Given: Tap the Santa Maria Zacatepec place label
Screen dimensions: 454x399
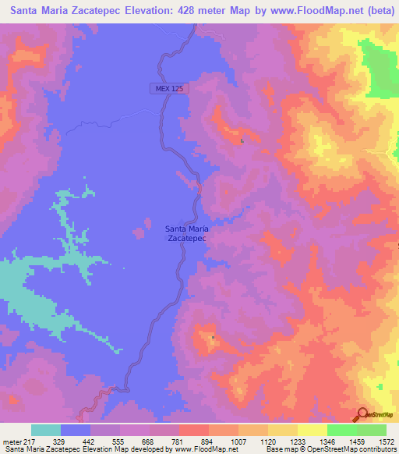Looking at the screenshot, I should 185,234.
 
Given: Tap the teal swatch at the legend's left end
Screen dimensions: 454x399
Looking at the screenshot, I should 46,430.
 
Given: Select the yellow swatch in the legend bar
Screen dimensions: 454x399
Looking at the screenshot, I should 312,430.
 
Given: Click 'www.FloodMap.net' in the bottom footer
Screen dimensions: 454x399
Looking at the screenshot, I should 195,449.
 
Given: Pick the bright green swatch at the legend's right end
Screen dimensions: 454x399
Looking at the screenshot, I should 371,430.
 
